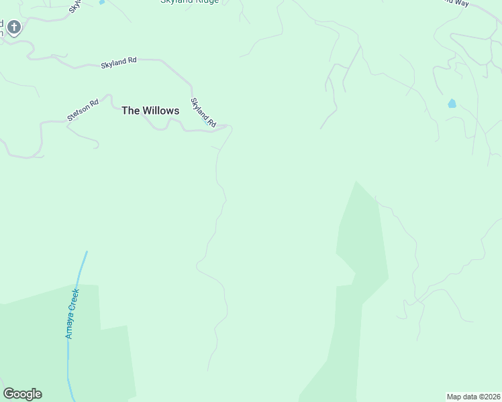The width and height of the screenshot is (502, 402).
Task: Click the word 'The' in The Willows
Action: click(130, 111)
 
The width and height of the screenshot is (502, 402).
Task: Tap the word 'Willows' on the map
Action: click(160, 111)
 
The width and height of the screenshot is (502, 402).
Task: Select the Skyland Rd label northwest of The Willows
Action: click(119, 62)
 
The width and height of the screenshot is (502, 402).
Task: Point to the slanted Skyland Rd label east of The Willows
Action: click(203, 113)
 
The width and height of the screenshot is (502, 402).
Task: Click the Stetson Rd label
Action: click(83, 111)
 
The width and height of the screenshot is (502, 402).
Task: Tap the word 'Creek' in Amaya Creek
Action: click(74, 298)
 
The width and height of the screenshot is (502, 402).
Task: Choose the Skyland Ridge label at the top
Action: click(189, 2)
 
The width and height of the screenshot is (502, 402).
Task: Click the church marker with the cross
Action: click(13, 27)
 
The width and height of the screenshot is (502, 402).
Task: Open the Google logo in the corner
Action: click(22, 394)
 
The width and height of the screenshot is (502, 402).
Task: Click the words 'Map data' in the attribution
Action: click(461, 397)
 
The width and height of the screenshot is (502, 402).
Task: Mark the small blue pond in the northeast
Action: click(452, 104)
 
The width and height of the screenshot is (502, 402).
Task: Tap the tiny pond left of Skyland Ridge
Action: click(102, 2)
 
